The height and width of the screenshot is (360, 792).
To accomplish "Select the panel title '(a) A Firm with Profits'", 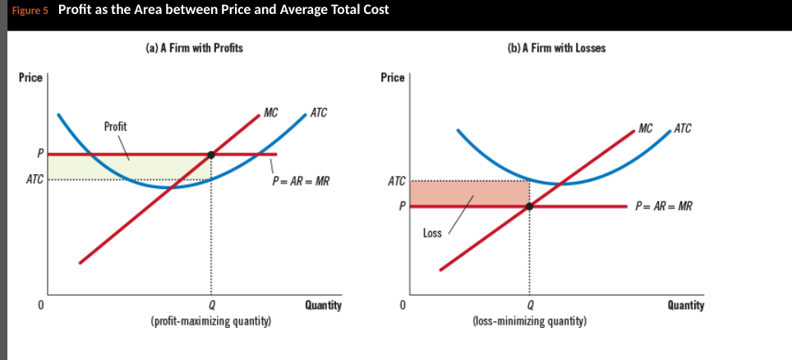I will pyautogui.click(x=194, y=48).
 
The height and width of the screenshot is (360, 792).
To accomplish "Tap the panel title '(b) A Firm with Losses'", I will pyautogui.click(x=557, y=48).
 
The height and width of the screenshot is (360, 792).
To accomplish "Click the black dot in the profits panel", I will pyautogui.click(x=212, y=155).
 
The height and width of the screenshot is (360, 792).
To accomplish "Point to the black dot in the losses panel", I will pyautogui.click(x=529, y=206).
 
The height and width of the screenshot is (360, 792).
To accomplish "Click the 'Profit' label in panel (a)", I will pyautogui.click(x=116, y=127).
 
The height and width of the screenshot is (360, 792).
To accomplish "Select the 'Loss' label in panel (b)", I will pyautogui.click(x=432, y=233).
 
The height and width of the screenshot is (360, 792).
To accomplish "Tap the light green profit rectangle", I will pyautogui.click(x=82, y=167).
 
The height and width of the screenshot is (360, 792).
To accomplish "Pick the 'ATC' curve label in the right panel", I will pyautogui.click(x=682, y=128).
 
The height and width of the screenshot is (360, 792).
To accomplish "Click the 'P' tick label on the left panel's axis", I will pyautogui.click(x=39, y=155).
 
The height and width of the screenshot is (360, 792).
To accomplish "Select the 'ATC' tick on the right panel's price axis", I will pyautogui.click(x=396, y=181).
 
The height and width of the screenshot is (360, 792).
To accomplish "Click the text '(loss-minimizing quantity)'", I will pyautogui.click(x=529, y=321).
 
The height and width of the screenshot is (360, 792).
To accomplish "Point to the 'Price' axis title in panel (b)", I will pyautogui.click(x=393, y=77).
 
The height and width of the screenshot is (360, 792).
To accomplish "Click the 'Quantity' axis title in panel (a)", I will pyautogui.click(x=323, y=305).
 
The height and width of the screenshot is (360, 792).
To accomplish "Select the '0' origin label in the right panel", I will pyautogui.click(x=402, y=305).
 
